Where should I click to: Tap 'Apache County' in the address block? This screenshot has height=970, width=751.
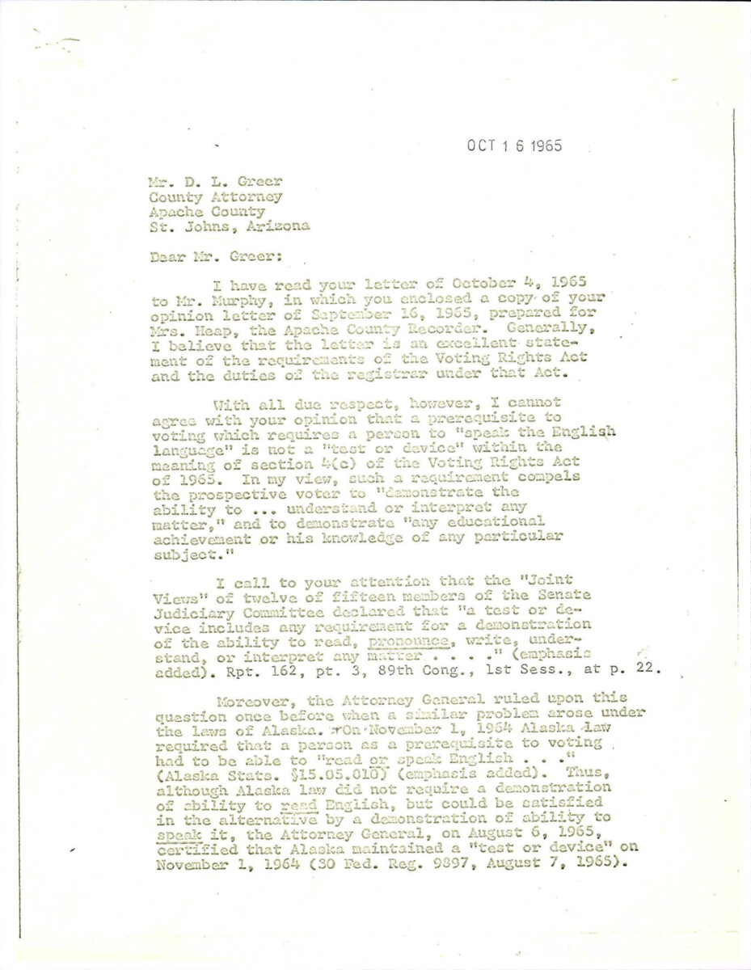[x=208, y=211]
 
